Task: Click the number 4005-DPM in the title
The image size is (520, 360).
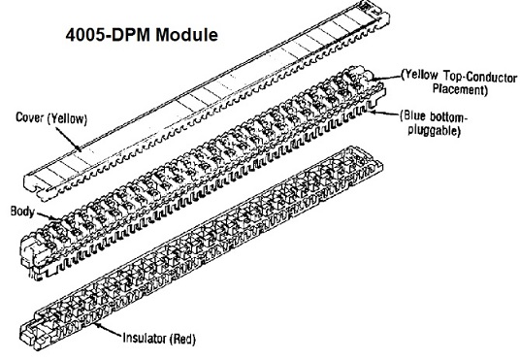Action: [x=108, y=35]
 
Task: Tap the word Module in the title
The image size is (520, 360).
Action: [x=186, y=35]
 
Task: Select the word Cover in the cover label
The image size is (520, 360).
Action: [x=30, y=117]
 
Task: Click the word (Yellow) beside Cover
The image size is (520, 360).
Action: [x=67, y=118]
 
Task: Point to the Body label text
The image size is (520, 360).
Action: [x=22, y=212]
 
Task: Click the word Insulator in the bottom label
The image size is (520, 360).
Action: [x=145, y=338]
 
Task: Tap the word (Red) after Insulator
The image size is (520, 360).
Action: [x=182, y=339]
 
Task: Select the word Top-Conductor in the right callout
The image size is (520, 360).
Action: [x=480, y=77]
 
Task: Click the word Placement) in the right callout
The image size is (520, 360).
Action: [x=460, y=89]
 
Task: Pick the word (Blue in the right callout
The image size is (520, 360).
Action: [x=412, y=116]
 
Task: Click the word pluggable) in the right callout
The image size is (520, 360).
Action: [x=434, y=130]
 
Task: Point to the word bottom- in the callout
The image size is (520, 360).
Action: [x=448, y=116]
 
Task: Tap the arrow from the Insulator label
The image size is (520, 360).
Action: [x=107, y=330]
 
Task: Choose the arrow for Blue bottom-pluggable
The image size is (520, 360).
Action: [x=384, y=114]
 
